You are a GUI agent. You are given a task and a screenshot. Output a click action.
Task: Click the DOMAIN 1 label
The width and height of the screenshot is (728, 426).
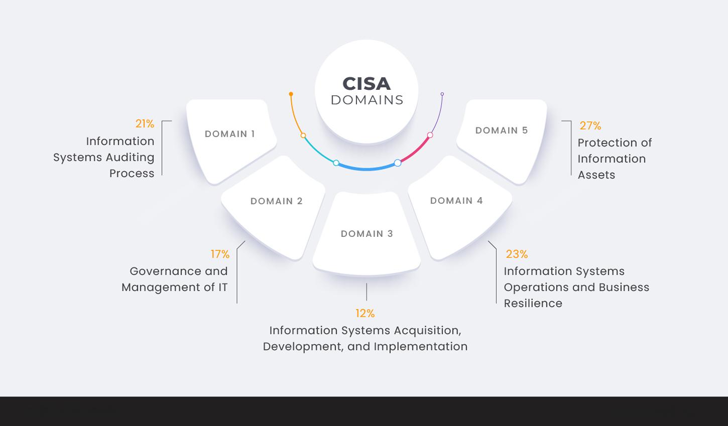pyautogui.click(x=230, y=134)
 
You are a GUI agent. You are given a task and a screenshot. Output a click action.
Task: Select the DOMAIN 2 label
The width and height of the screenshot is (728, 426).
pyautogui.click(x=277, y=201)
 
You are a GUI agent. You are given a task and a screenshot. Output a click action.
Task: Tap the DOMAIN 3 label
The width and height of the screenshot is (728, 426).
pyautogui.click(x=367, y=234)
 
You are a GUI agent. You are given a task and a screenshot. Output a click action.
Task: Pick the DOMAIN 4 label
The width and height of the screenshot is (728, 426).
pyautogui.click(x=456, y=201)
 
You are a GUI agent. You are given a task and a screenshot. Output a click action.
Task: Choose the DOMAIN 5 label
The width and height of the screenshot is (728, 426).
pyautogui.click(x=502, y=130)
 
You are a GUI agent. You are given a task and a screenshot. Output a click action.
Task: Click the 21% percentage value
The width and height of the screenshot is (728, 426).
pyautogui.click(x=145, y=124)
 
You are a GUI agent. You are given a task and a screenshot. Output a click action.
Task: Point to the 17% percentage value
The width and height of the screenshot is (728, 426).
pyautogui.click(x=220, y=254)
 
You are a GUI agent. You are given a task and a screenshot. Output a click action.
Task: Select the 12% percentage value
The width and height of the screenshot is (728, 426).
pyautogui.click(x=365, y=314)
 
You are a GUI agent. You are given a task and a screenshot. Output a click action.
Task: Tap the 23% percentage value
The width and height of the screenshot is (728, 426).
pyautogui.click(x=517, y=254)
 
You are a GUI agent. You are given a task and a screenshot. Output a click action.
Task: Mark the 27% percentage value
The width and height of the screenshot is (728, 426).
pyautogui.click(x=590, y=126)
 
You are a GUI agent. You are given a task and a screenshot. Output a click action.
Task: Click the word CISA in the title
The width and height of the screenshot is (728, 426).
pyautogui.click(x=367, y=84)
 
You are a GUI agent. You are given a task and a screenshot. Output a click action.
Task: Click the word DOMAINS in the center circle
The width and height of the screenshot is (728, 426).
pyautogui.click(x=367, y=100)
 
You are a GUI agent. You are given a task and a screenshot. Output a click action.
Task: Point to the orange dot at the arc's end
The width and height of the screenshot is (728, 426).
pyautogui.click(x=291, y=94)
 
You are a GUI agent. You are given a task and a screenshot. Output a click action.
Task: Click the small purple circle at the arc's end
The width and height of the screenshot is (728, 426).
pyautogui.click(x=442, y=94)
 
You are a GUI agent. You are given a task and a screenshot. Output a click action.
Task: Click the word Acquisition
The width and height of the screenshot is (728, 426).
pyautogui.click(x=427, y=331)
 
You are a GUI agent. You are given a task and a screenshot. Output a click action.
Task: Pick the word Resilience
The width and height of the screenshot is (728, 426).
pyautogui.click(x=533, y=304)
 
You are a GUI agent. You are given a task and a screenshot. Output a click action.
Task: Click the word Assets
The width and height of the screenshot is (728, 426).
pyautogui.click(x=596, y=175)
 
